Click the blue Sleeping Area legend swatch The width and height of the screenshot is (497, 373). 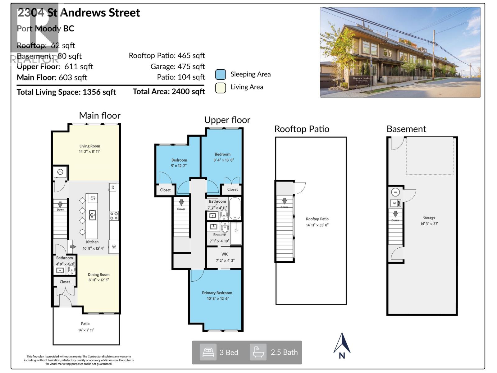coord(220,75)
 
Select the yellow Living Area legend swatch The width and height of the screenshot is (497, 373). coord(220,88)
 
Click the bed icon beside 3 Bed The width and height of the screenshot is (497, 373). coord(208,352)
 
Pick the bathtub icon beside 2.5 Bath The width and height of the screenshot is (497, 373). coord(258,352)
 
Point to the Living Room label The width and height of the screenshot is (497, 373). coord(89,146)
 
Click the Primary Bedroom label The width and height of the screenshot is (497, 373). coord(217,293)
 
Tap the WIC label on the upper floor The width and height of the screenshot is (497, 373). coord(225,254)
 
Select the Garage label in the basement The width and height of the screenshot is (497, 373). coord(429,218)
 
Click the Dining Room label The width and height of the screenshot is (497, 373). coord(98,274)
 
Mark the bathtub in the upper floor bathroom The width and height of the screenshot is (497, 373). coord(235,208)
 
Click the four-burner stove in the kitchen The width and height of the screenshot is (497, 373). coord(114,216)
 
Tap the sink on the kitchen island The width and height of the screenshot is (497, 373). coord(92,215)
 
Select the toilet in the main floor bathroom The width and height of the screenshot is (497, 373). coord(72,269)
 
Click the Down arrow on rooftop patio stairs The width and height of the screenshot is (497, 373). coord(284,201)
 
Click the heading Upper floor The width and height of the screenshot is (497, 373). coord(227,120)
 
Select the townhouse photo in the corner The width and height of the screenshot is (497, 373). coord(400,53)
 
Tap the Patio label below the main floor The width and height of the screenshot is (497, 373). coord(85,324)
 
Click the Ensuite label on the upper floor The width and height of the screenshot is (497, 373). coord(219,235)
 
